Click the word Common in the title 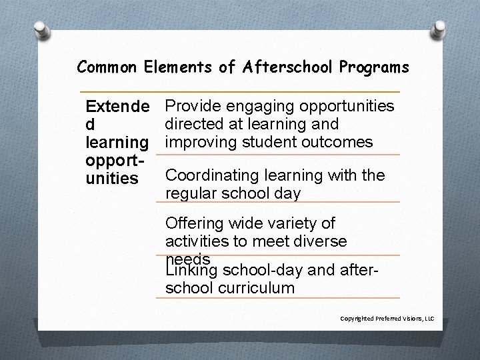104,67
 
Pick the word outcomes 340,142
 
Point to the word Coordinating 212,175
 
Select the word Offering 194,223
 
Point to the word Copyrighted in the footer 355,319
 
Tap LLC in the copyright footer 429,319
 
